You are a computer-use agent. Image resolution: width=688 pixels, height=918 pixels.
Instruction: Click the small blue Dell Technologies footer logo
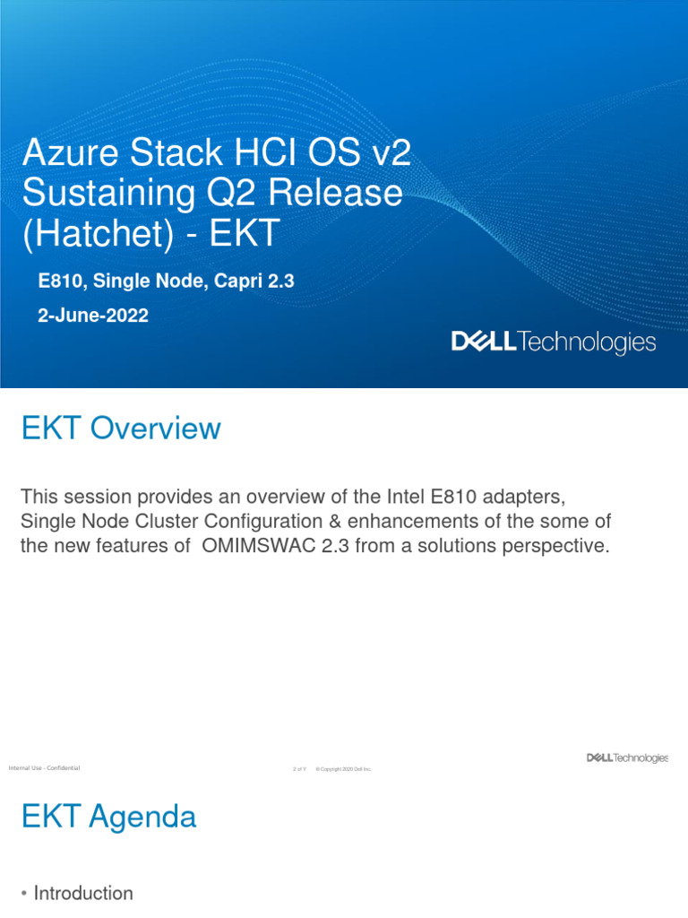[x=627, y=758]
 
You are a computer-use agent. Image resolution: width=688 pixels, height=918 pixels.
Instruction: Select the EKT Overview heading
[x=120, y=429]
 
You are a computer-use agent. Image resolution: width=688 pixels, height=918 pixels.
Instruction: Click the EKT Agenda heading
[x=108, y=817]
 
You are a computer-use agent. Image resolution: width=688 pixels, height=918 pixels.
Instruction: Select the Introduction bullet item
[x=82, y=893]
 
